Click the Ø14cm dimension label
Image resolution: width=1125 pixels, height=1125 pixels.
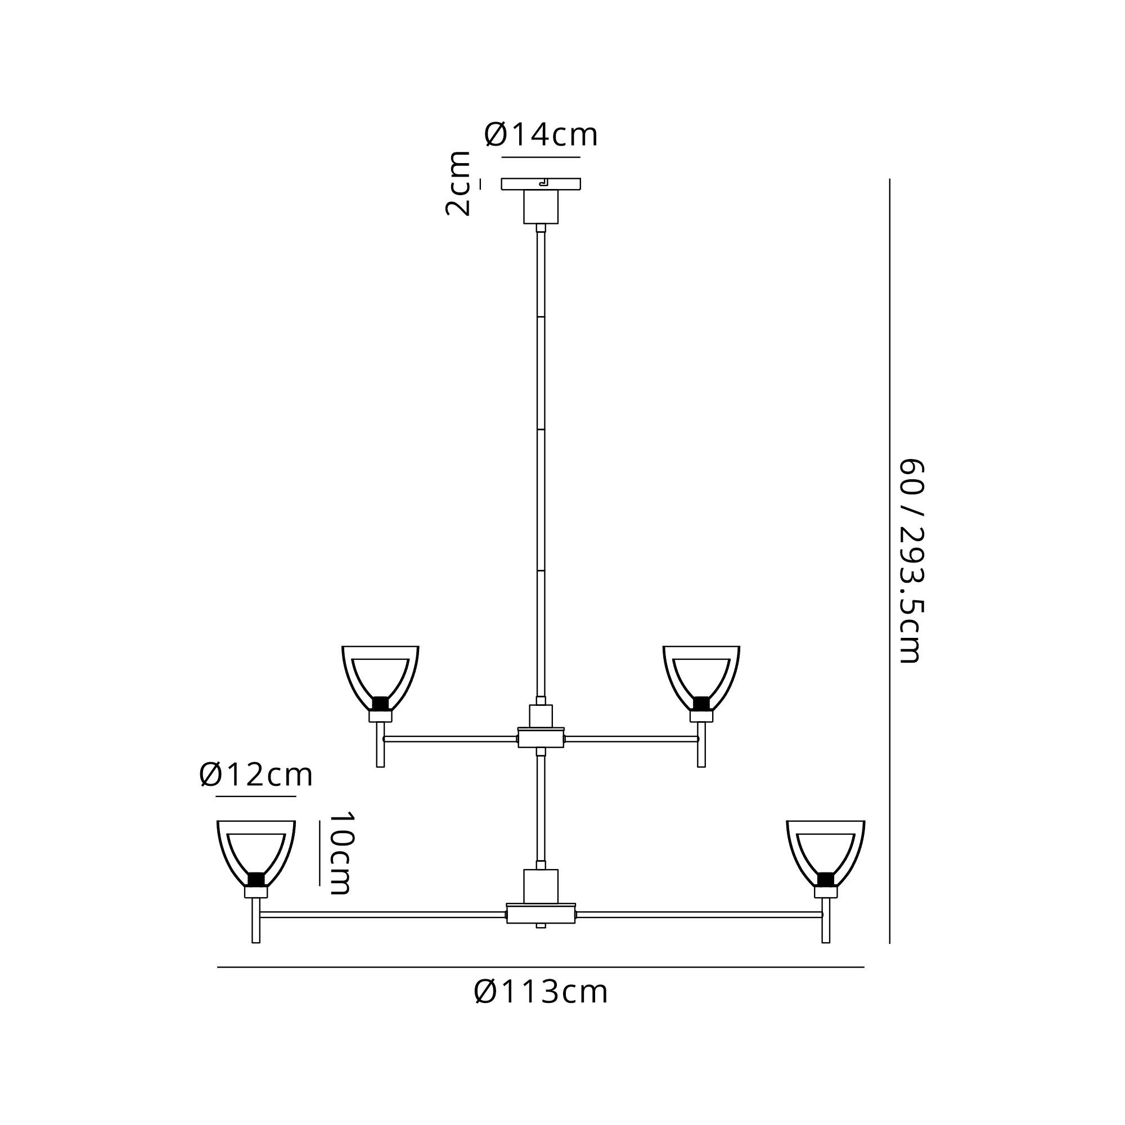coord(541,135)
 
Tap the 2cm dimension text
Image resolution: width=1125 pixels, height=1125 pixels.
coord(458,183)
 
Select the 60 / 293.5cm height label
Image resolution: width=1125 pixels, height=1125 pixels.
coord(912,561)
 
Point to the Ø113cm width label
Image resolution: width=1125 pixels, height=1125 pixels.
coord(541,992)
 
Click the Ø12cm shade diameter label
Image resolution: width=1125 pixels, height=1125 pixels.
coord(256,775)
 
